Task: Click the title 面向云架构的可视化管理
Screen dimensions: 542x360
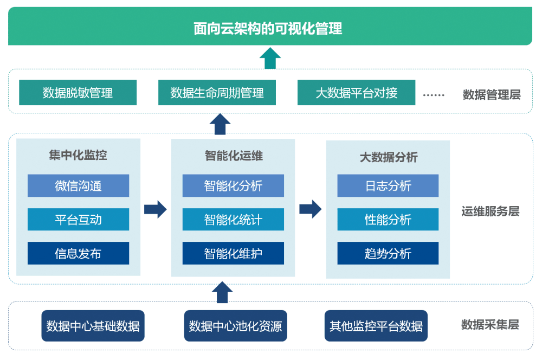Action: click(x=268, y=28)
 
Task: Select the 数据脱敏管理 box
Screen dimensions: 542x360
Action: click(x=78, y=92)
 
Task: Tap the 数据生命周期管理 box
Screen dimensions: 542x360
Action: click(x=217, y=92)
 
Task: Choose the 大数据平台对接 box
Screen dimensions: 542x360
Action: click(x=357, y=92)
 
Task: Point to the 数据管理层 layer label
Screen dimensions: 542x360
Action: click(x=492, y=94)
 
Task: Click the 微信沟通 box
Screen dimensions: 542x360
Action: click(x=78, y=186)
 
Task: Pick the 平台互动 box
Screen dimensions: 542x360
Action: click(x=78, y=219)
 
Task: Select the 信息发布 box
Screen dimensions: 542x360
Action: click(x=78, y=253)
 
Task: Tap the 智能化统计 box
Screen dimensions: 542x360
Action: click(x=233, y=219)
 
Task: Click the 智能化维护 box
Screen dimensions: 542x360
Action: click(x=233, y=253)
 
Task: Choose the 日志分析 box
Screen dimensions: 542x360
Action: click(x=388, y=186)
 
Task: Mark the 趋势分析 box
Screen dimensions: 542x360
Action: click(x=388, y=253)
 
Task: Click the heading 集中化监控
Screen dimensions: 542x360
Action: click(x=78, y=155)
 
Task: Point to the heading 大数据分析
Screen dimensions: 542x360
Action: click(x=389, y=157)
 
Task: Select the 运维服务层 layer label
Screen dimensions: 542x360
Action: click(x=491, y=211)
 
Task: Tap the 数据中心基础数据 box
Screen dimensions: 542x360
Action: click(x=93, y=326)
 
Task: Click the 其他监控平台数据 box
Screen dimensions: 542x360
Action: click(x=376, y=326)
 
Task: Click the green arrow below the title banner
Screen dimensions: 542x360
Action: click(x=270, y=58)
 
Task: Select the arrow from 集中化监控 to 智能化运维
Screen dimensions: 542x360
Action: click(x=156, y=209)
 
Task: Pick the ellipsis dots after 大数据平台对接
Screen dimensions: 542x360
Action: click(x=434, y=95)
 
